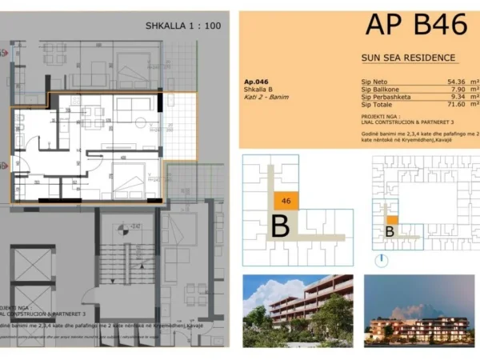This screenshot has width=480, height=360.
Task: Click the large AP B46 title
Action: point(415,25)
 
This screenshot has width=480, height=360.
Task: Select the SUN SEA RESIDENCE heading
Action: point(409,58)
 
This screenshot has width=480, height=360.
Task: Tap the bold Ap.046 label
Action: point(256,82)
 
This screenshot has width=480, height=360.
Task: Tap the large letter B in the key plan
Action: point(280,226)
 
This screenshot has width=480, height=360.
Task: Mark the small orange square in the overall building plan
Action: point(392,219)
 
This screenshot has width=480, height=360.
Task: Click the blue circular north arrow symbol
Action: point(382,260)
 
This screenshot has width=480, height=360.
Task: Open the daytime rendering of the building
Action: point(297,309)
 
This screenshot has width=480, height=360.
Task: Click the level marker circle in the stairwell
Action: point(120,227)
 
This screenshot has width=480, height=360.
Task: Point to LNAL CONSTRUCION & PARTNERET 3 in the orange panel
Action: point(395,122)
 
